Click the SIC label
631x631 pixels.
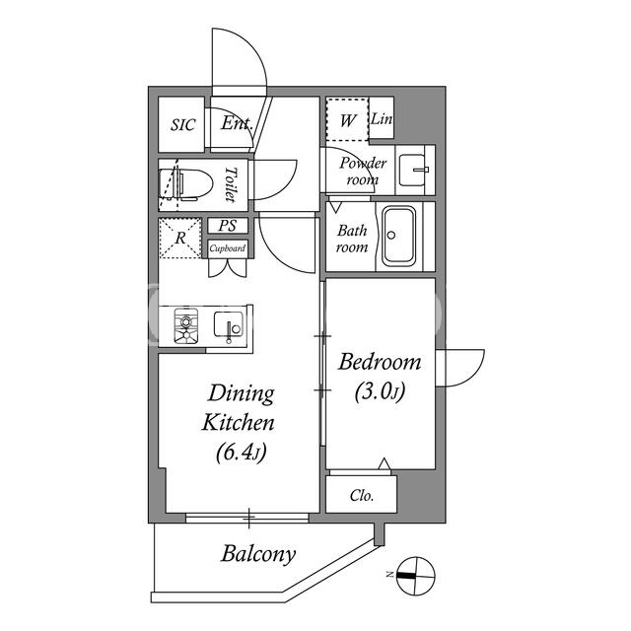183,125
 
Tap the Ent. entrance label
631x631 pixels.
237,123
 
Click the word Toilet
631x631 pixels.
231,184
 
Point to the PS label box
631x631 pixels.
228,226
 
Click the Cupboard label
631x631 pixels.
228,248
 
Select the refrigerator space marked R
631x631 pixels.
180,238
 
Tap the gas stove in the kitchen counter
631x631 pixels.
186,325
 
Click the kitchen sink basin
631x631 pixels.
229,325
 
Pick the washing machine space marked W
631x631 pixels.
348,119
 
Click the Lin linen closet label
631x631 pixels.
382,118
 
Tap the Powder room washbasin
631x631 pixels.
413,171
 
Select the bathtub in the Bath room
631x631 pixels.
398,237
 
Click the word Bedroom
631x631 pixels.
380,362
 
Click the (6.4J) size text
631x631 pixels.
241,453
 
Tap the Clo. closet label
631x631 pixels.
362,495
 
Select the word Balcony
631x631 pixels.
258,554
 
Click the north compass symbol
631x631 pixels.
416,576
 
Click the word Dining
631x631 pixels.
241,394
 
